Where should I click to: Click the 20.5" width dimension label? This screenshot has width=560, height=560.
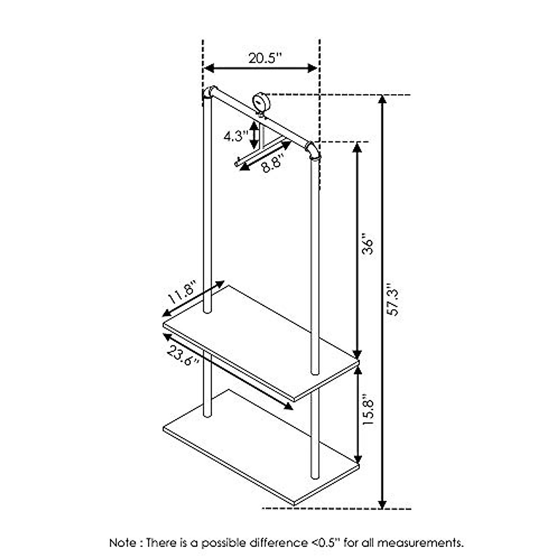point(265,58)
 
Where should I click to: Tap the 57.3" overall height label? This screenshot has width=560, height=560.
point(395,299)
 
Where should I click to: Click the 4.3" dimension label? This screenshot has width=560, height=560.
point(235,137)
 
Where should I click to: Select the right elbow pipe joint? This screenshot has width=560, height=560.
point(313,150)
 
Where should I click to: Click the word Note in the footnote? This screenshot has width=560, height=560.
point(123,543)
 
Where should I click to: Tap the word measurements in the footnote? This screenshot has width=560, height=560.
point(420,543)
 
